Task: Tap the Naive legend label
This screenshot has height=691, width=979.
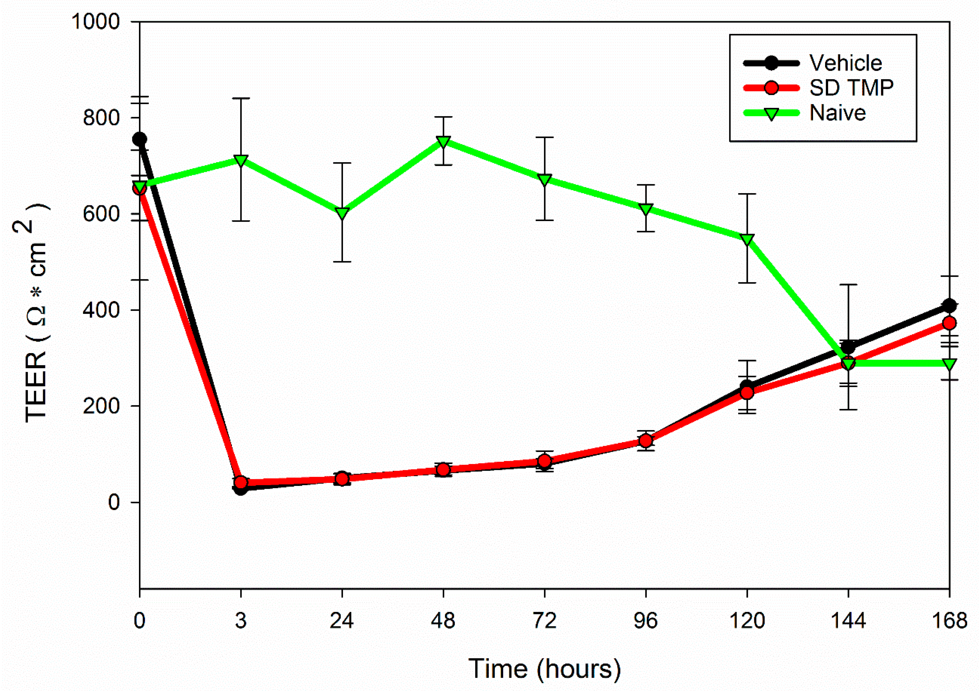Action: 838,113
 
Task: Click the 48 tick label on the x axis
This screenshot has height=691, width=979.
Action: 443,621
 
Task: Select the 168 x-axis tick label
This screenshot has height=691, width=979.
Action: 949,621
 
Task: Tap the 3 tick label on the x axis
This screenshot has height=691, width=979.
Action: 241,621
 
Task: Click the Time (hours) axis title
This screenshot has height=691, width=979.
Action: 544,668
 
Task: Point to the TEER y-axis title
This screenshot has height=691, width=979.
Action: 36,313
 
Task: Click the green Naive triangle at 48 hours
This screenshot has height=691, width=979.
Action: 443,141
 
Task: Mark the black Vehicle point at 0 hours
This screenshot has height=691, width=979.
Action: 140,139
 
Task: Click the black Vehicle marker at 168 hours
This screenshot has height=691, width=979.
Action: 949,306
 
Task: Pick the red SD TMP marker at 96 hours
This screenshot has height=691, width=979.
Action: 645,440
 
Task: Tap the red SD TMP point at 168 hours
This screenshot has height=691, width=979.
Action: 949,323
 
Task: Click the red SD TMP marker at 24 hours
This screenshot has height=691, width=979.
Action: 342,479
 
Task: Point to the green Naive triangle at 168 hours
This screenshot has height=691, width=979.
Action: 949,364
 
